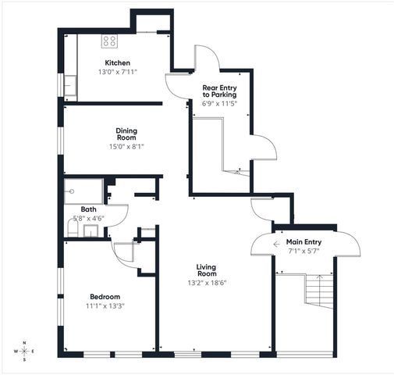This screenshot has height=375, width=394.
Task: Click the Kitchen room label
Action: [117, 62]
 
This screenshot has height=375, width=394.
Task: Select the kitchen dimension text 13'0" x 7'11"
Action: [117, 72]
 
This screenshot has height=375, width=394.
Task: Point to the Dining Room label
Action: [127, 134]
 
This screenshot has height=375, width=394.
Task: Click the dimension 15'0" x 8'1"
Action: [127, 145]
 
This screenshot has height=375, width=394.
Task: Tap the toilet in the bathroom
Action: [73, 227]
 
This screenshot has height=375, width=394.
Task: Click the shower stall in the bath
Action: [84, 191]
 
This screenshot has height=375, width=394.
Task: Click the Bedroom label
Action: [105, 296]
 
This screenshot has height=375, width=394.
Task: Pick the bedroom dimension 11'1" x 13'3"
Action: [105, 305]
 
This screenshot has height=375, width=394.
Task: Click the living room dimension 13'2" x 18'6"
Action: [206, 283]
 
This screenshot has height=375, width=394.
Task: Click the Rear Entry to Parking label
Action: [219, 91]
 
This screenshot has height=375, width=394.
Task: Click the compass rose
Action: [24, 352]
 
